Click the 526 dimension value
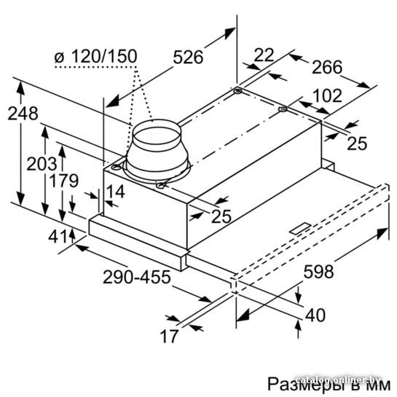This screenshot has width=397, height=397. tap(188, 57)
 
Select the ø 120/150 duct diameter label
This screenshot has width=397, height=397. tap(96, 56)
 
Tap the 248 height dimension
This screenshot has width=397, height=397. tap(23, 113)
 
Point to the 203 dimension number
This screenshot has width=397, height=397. tap(42, 164)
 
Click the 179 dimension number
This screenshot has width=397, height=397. tap(63, 181)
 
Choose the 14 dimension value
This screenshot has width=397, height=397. tap(115, 192)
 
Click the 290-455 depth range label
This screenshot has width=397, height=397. tap(136, 277)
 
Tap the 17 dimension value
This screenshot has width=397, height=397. tap(169, 337)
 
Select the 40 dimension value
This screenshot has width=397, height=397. tap(315, 315)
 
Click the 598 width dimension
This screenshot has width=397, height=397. tap(318, 272)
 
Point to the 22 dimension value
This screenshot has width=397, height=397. tap(264, 55)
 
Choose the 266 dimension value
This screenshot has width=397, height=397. tap(327, 67)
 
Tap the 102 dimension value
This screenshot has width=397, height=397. tap(327, 95)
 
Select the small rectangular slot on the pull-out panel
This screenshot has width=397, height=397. tap(301, 228)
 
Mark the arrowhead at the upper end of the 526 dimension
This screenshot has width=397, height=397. tap(230, 34)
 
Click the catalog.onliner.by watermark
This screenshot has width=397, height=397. tap(338, 380)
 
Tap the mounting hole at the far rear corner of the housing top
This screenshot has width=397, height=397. tap(237, 90)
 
